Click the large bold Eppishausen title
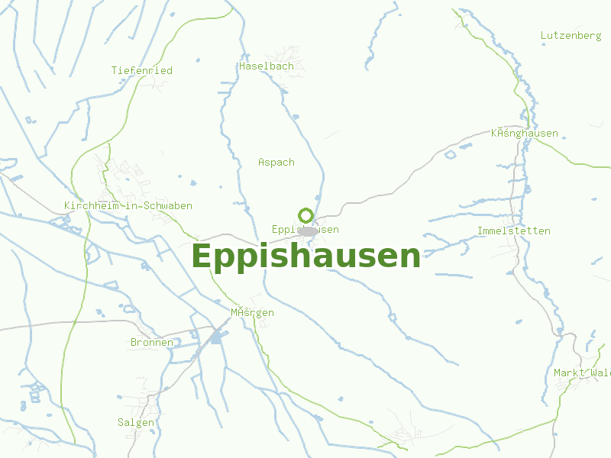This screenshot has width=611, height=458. tap(305, 256)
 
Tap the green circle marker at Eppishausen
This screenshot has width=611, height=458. tap(305, 216)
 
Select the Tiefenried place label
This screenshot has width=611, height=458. tap(142, 70)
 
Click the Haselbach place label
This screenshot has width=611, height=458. tap(267, 66)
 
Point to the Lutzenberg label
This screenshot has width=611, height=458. tap(571, 36)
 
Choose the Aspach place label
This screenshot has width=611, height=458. tap(276, 162)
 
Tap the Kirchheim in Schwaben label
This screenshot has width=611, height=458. tap(128, 206)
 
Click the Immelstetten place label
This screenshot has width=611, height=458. tap(513, 231)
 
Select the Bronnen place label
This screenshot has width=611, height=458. tap(152, 343)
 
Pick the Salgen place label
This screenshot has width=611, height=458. tap(136, 422)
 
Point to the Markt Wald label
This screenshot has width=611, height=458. tap(582, 373)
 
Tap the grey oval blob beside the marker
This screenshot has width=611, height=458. tap(309, 231)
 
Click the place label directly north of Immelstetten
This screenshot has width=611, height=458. tap(525, 134)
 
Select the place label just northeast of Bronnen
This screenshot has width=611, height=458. tap(252, 313)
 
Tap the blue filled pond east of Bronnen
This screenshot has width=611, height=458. tap(216, 336)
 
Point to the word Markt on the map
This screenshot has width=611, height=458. tap(568, 373)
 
